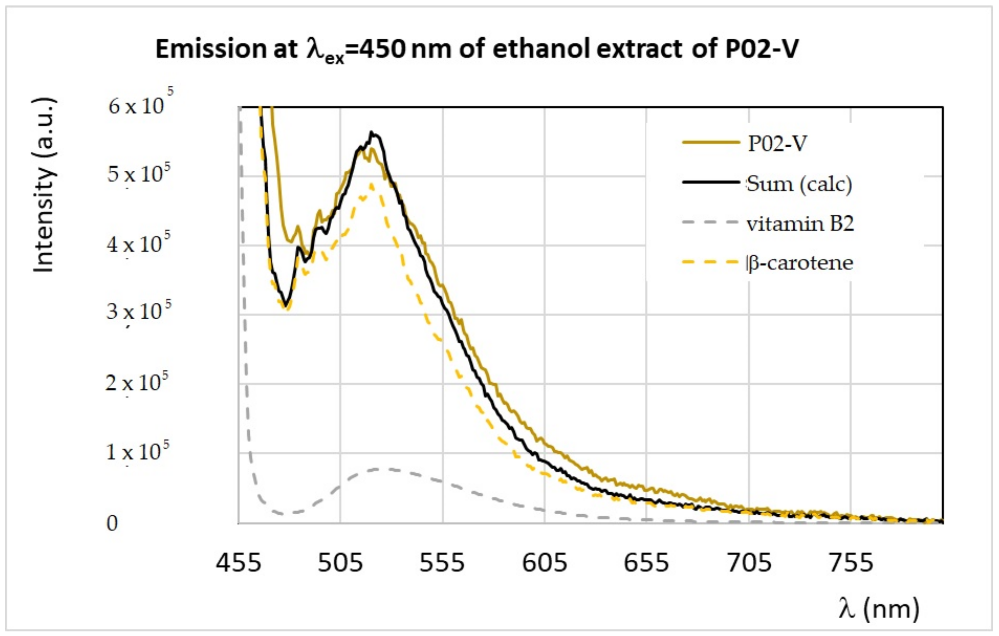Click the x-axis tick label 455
238,563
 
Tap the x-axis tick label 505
340,563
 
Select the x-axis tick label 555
442,563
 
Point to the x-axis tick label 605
544,563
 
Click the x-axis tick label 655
646,563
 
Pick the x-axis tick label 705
749,563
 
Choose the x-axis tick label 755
851,563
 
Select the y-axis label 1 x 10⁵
137,452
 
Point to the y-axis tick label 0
112,523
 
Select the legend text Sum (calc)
799,183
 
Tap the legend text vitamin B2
800,224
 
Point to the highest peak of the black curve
372,132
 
